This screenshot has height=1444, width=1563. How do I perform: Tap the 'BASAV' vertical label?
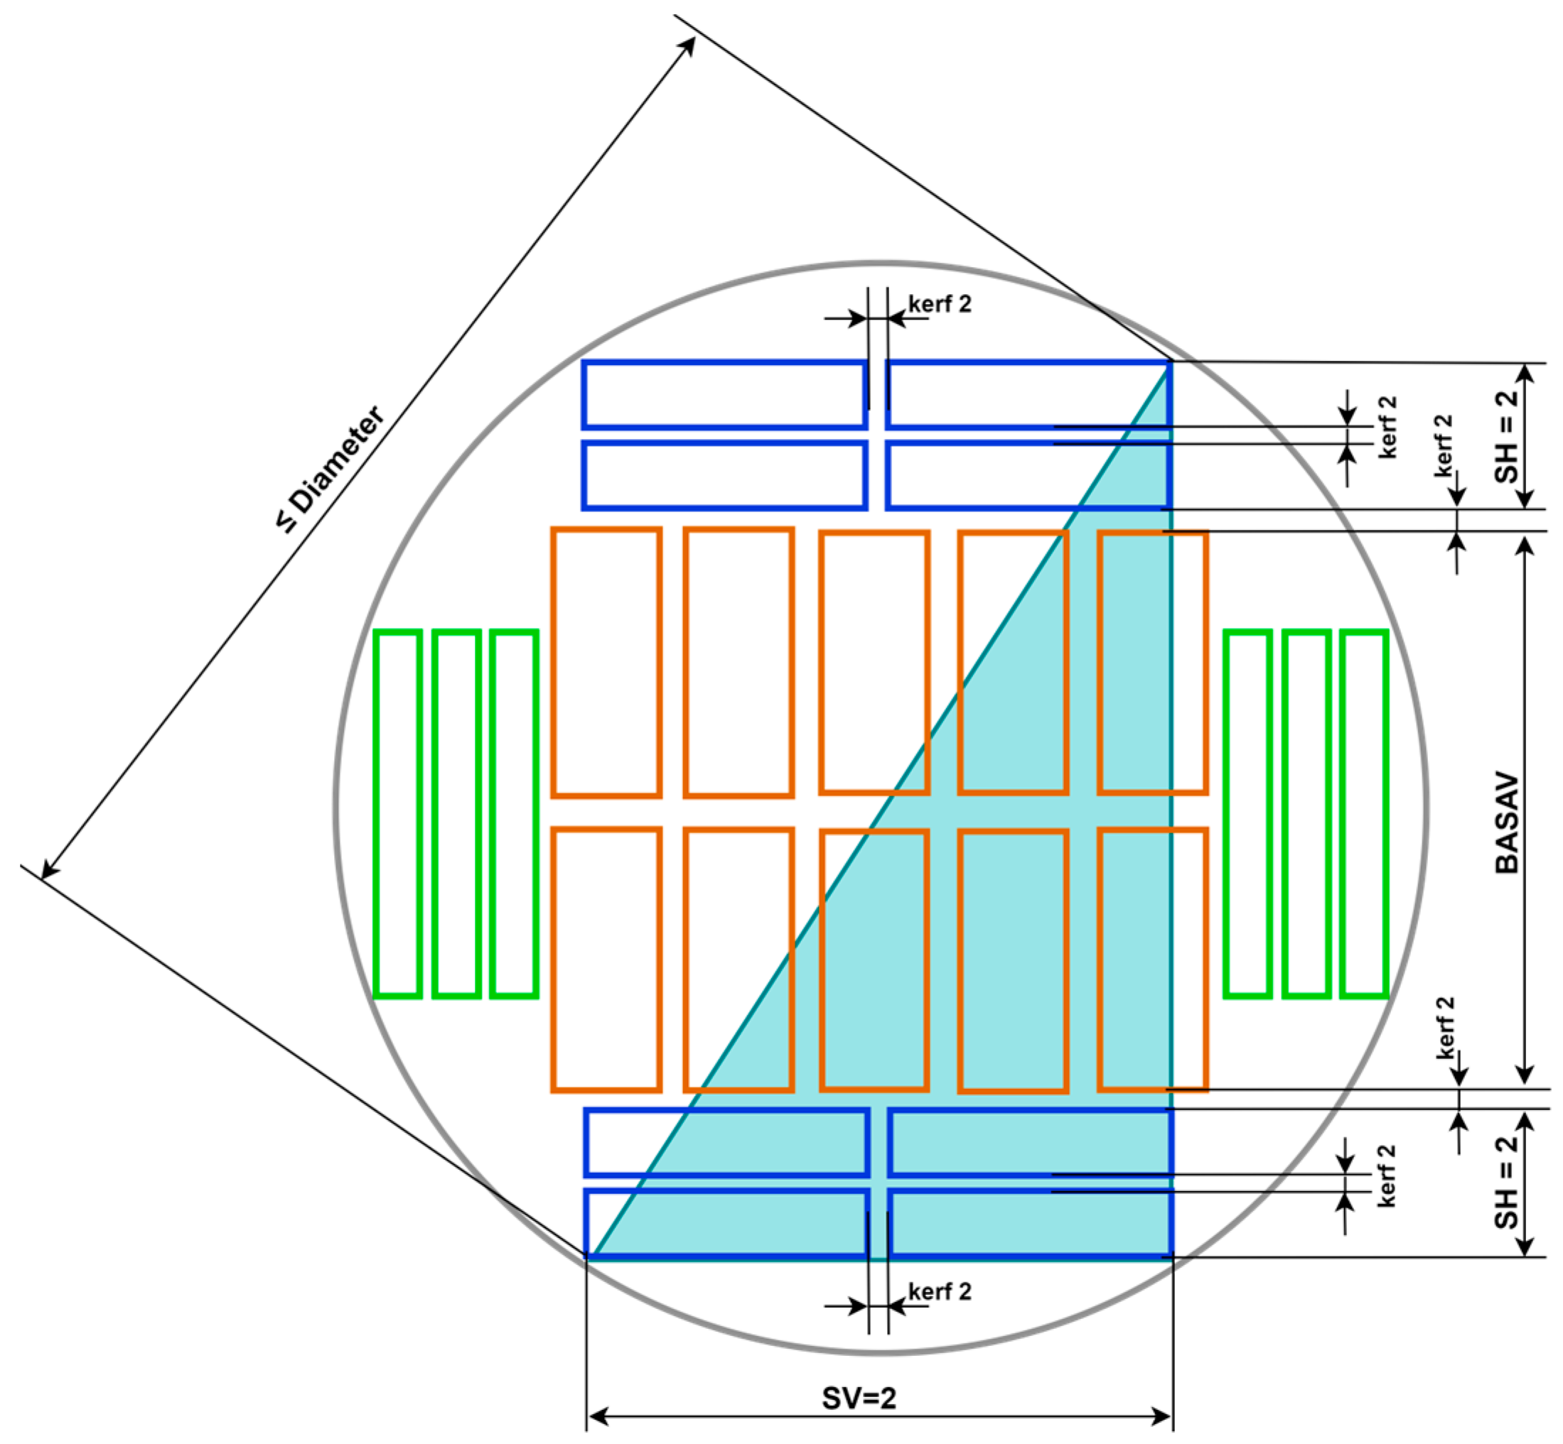tap(1506, 824)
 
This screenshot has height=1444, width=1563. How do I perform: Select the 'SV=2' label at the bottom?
tap(859, 1398)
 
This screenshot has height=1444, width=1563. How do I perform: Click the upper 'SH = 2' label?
tap(1506, 436)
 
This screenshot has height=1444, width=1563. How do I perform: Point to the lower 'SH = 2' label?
tap(1506, 1182)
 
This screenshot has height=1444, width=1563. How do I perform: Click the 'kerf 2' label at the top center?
tap(939, 304)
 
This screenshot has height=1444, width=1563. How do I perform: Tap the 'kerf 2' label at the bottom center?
tap(939, 1291)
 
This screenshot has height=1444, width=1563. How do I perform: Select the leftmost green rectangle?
tap(398, 813)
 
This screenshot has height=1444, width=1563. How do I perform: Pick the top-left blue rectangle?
tap(724, 395)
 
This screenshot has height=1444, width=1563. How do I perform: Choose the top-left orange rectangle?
tap(606, 663)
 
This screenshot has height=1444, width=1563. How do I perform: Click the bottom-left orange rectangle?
tap(606, 960)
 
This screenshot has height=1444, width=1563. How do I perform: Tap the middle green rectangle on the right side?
tap(1306, 813)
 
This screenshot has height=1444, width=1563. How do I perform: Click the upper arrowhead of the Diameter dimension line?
tap(689, 45)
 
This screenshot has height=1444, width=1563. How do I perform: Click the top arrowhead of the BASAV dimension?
tap(1525, 545)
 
